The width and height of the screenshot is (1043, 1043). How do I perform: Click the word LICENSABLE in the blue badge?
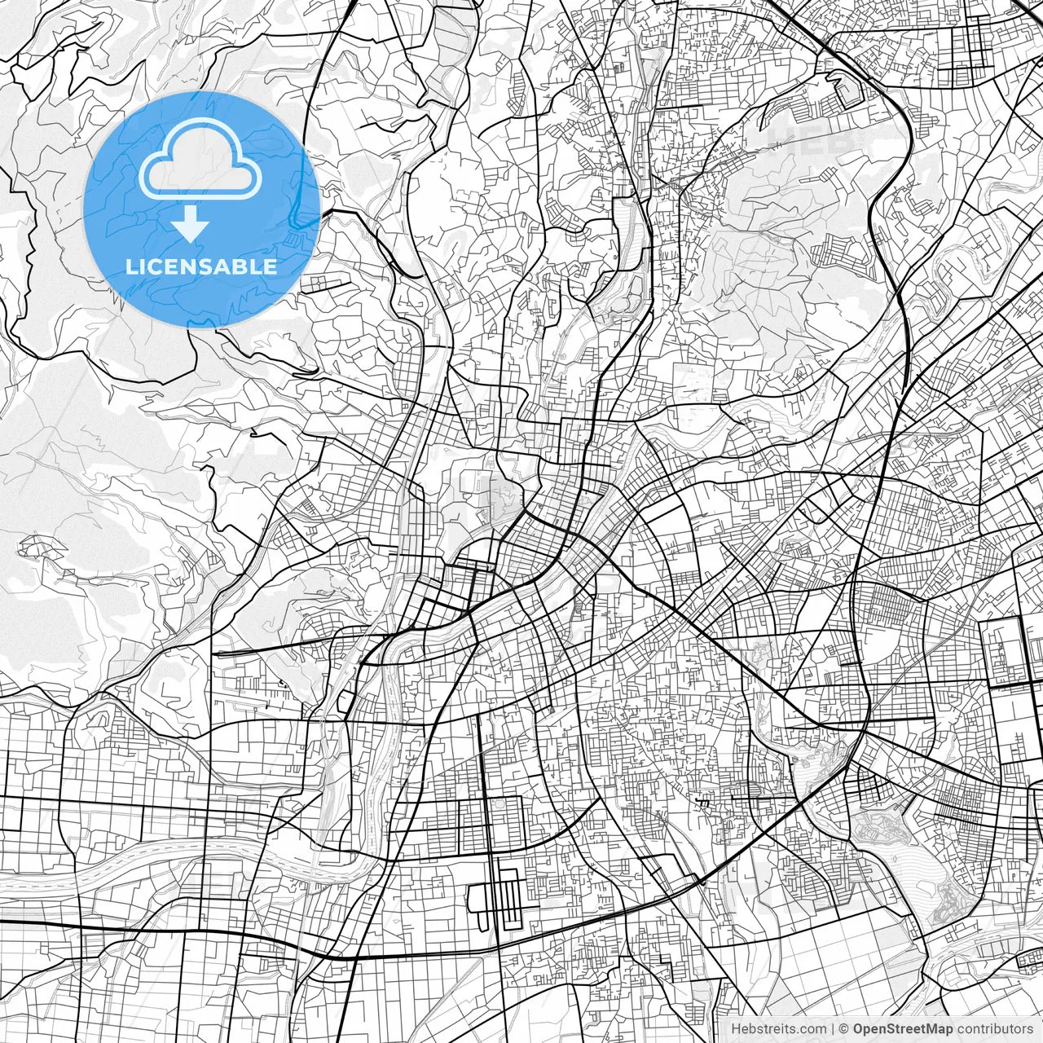click(x=201, y=266)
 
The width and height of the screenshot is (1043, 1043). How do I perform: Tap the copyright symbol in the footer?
click(x=845, y=1029)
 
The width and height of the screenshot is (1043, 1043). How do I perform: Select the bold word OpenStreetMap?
click(x=903, y=1029)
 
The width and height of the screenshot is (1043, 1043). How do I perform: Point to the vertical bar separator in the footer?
click(x=832, y=1029)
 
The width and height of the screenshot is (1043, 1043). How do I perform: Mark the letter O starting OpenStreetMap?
click(x=859, y=1029)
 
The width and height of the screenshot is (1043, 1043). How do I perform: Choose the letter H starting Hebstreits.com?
click(x=736, y=1029)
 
